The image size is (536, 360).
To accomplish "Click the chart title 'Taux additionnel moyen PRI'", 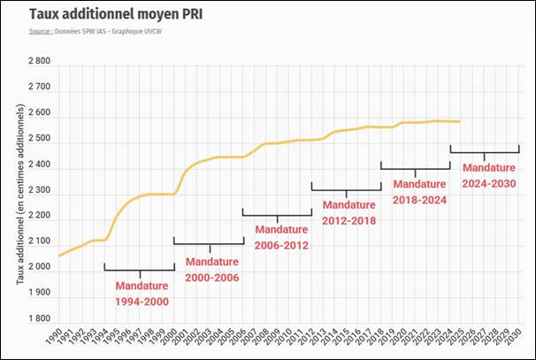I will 110,14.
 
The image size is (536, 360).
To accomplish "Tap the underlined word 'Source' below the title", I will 40,31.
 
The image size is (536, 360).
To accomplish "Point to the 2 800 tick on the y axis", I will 39,63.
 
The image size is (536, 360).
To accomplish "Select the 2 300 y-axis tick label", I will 39,191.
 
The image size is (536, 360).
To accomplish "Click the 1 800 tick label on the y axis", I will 39,318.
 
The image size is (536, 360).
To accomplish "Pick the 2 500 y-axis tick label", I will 39,140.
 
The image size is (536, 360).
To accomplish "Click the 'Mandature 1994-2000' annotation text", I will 142,293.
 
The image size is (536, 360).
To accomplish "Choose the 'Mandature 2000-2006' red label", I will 211,269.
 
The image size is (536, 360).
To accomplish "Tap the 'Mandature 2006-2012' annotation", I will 281,237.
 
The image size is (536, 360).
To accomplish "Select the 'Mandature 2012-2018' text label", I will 348,212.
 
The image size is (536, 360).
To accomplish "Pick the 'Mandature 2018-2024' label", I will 419,191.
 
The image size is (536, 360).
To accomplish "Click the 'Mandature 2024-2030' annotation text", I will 488,173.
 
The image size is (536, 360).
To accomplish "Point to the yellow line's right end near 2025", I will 460,121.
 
